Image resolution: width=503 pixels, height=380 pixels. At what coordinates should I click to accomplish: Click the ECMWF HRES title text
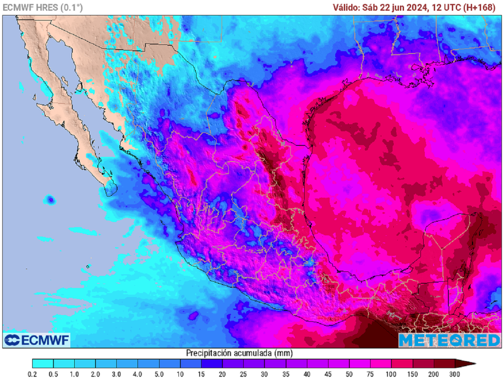[43, 7]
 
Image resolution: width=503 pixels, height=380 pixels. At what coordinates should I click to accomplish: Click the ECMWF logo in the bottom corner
[37, 340]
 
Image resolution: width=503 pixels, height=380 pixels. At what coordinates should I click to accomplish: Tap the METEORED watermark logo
[449, 340]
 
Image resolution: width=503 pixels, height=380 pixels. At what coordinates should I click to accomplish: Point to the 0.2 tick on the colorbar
[32, 374]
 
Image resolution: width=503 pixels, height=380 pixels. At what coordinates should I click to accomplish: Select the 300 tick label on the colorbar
[454, 374]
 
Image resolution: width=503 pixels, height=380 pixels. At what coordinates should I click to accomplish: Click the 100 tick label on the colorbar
[391, 374]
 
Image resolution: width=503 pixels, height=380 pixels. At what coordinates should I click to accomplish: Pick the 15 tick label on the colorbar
[201, 374]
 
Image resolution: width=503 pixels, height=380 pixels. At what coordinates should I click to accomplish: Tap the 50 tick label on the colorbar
[349, 374]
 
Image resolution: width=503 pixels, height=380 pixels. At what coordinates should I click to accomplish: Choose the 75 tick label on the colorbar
[370, 374]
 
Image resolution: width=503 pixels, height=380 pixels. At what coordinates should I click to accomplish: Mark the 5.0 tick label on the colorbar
[159, 374]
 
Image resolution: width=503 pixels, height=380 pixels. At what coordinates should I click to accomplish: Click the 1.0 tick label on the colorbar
[75, 374]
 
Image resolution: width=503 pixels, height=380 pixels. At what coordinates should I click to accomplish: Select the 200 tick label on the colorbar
[434, 374]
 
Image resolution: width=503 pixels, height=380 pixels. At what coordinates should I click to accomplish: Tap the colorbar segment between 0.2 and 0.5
[43, 364]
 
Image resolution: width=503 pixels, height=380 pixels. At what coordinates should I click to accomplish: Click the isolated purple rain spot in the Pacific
[49, 200]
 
